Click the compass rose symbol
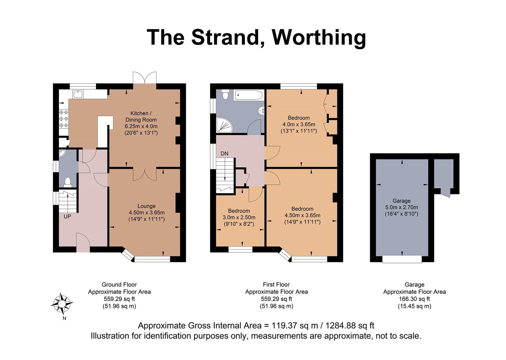(x=62, y=304)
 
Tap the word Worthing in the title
(x=319, y=37)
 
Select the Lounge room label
(x=147, y=206)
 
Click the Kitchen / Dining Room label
(x=141, y=116)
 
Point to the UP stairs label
(x=68, y=216)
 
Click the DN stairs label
(x=225, y=154)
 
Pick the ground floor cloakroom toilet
(x=68, y=181)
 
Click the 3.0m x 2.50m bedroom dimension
(x=239, y=218)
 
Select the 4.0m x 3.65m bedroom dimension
(x=299, y=124)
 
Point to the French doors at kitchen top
(x=145, y=78)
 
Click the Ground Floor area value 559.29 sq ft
(x=119, y=299)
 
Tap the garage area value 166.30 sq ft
(x=414, y=299)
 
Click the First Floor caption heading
(x=276, y=285)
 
